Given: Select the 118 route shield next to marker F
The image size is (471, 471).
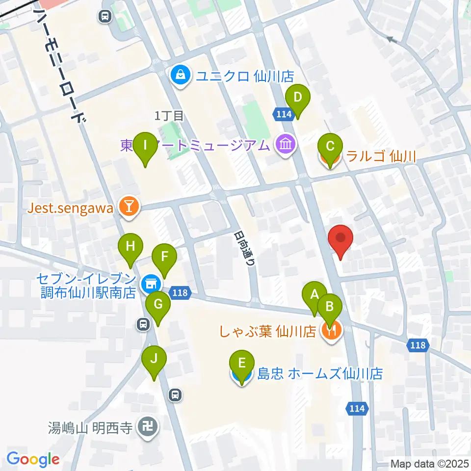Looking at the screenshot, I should click(180, 293).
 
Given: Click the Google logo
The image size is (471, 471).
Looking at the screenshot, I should click(33, 459).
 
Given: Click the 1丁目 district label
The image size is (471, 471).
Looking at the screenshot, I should click(169, 116).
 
